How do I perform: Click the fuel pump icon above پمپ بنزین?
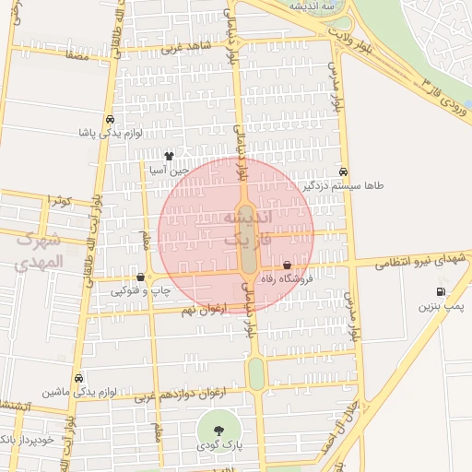click(440, 292)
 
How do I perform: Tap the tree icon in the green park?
click(218, 431)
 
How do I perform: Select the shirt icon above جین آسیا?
click(169, 157)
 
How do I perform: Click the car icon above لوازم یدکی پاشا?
click(111, 119)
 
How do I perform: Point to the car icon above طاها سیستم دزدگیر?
click(343, 171)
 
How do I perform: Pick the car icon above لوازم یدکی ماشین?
click(79, 378)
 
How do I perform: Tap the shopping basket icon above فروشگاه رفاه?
click(288, 265)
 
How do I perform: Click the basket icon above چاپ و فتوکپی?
click(140, 277)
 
